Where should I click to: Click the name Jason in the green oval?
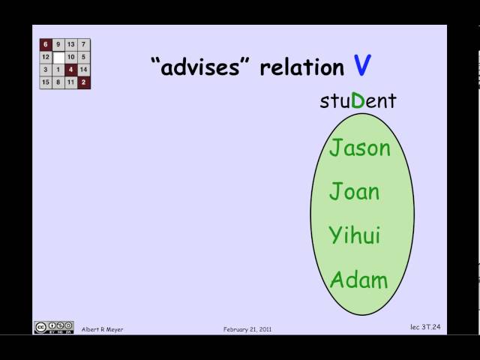pos(360,148)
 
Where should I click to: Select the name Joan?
pos(354,191)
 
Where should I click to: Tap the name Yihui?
pos(354,235)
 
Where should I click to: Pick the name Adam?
pos(358,280)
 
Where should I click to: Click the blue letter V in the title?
pos(362,67)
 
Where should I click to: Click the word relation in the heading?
pos(301,67)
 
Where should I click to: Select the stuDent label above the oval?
pos(358,100)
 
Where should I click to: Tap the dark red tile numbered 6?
pos(46,44)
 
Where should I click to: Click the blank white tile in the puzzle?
pos(58,57)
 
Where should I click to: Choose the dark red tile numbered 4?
pos(71,70)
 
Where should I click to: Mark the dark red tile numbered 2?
pos(83,82)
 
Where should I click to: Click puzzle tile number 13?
pos(71,44)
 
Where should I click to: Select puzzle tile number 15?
pos(46,82)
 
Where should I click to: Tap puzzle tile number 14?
pos(83,70)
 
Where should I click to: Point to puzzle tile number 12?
pos(46,57)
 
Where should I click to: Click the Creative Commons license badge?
pos(53,328)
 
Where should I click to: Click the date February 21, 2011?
pos(247,329)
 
